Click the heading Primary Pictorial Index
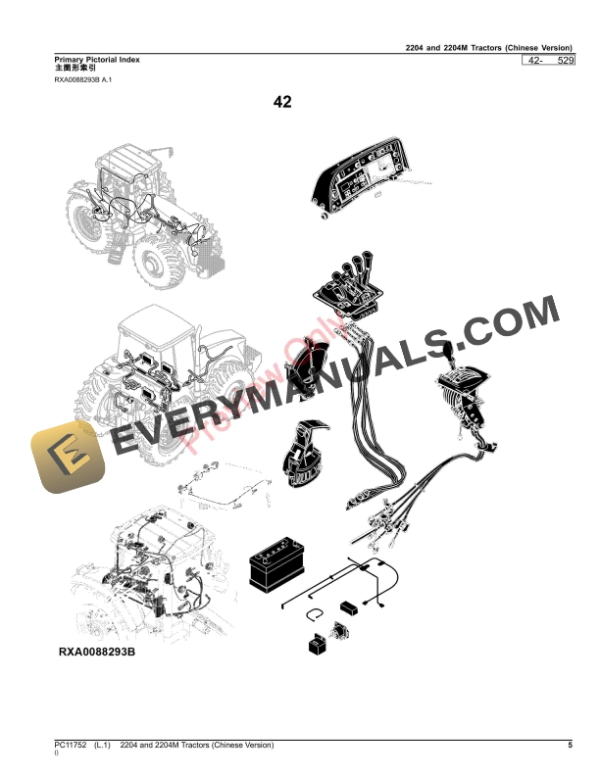tap(97, 60)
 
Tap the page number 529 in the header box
tap(565, 62)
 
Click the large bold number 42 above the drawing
tap(282, 102)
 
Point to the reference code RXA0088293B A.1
tap(84, 81)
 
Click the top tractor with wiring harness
tap(137, 220)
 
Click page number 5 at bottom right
tap(570, 746)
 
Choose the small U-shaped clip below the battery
tap(314, 615)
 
